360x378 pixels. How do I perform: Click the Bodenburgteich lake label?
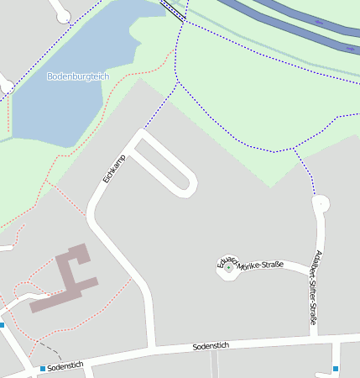(x=78, y=76)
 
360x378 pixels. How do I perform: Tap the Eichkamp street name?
(x=113, y=169)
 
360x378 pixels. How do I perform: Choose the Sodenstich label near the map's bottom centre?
(x=211, y=345)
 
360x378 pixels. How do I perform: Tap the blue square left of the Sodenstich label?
(x=43, y=369)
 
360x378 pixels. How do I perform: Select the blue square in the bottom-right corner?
(x=336, y=369)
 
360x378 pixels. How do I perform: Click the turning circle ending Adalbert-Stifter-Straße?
(x=321, y=202)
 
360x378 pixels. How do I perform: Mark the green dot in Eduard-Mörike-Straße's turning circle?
(x=228, y=267)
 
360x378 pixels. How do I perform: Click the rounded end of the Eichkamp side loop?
(x=188, y=183)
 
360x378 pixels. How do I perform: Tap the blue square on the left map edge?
(x=2, y=325)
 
